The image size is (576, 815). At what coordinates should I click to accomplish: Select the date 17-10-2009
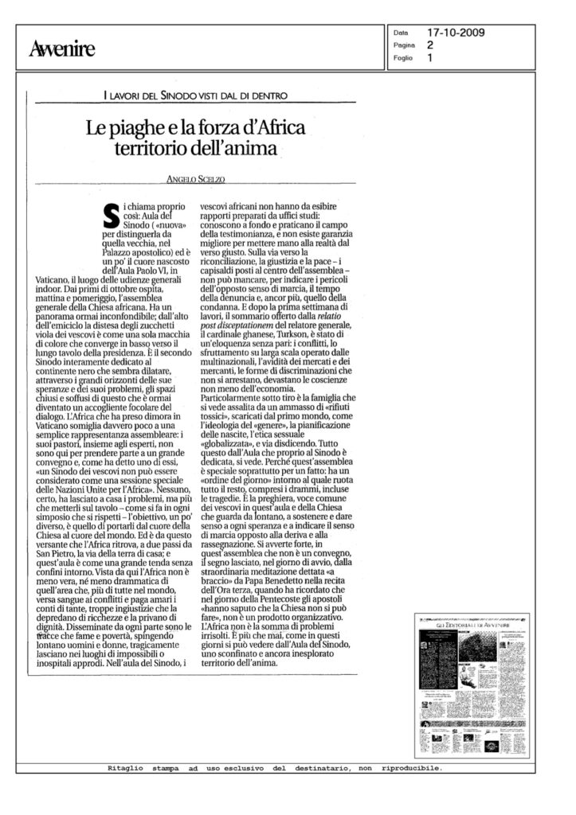tap(456, 33)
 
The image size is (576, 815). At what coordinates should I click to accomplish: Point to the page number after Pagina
tap(431, 46)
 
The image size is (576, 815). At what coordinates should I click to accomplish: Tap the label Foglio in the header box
tap(405, 58)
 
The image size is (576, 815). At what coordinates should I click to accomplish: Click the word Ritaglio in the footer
tap(127, 770)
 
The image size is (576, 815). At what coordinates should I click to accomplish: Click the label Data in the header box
tap(401, 33)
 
